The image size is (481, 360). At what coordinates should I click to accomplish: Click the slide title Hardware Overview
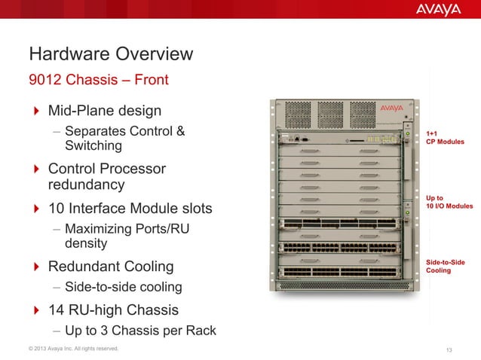(x=111, y=55)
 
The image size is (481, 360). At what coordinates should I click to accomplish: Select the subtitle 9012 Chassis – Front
(x=98, y=80)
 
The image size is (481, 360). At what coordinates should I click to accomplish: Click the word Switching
(x=93, y=145)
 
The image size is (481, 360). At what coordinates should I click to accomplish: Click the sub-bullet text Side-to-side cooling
(x=124, y=287)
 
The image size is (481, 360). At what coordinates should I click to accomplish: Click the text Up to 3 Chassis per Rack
(x=140, y=330)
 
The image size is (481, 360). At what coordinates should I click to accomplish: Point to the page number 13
(x=450, y=349)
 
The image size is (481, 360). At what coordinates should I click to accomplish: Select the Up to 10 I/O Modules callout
(x=449, y=201)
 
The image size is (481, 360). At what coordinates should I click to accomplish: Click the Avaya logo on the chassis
(x=391, y=108)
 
